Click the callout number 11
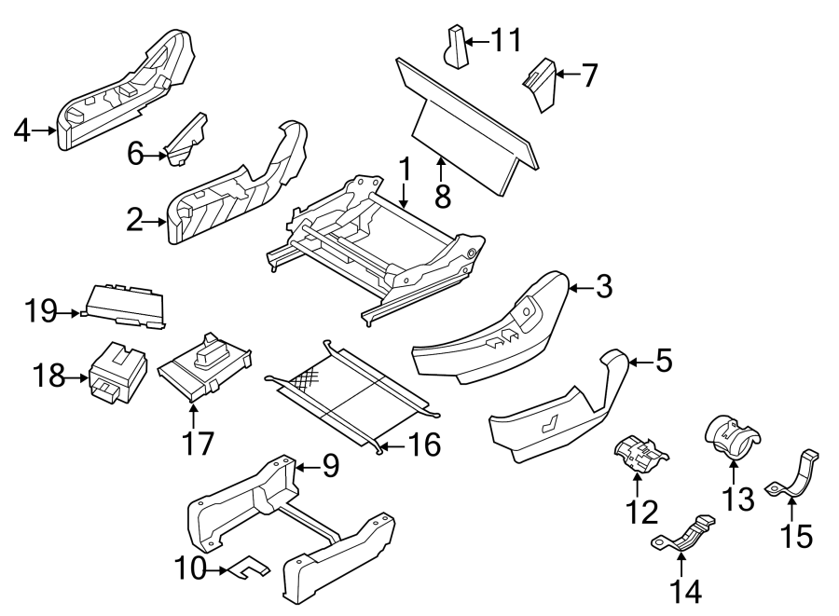point(506,40)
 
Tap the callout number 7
point(588,75)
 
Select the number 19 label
point(41,311)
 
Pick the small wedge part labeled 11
point(454,48)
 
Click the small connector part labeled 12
point(640,453)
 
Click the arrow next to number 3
point(580,289)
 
